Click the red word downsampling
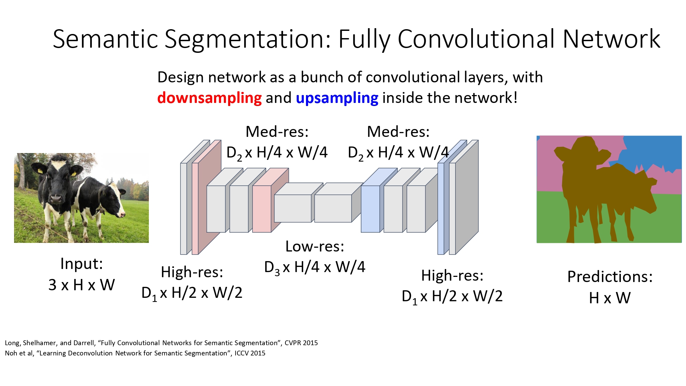click(209, 98)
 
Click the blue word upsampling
click(337, 98)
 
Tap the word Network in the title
click(611, 39)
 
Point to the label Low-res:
click(315, 246)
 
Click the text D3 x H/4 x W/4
click(315, 267)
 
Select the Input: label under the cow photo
click(81, 264)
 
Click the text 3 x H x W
click(81, 285)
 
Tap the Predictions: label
click(610, 277)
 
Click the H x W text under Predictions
click(610, 298)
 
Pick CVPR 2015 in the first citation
click(301, 343)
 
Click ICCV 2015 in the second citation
click(250, 353)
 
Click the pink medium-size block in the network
click(262, 209)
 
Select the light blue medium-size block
click(370, 209)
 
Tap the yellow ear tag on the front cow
click(40, 171)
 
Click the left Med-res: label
click(277, 132)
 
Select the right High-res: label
click(452, 276)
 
